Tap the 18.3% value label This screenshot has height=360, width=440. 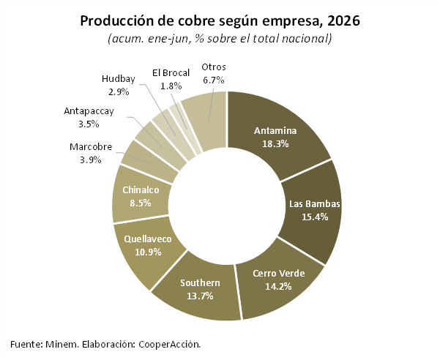(275, 144)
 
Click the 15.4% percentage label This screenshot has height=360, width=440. (315, 217)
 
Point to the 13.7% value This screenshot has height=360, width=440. (200, 296)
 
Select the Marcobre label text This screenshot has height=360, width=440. (91, 146)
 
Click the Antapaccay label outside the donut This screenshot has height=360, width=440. (89, 111)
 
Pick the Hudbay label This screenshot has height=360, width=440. (119, 79)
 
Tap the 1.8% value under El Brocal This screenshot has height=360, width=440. (171, 86)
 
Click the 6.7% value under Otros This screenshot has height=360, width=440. (214, 80)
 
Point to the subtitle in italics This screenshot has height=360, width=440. (220, 39)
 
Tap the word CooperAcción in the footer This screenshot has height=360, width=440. (170, 344)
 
